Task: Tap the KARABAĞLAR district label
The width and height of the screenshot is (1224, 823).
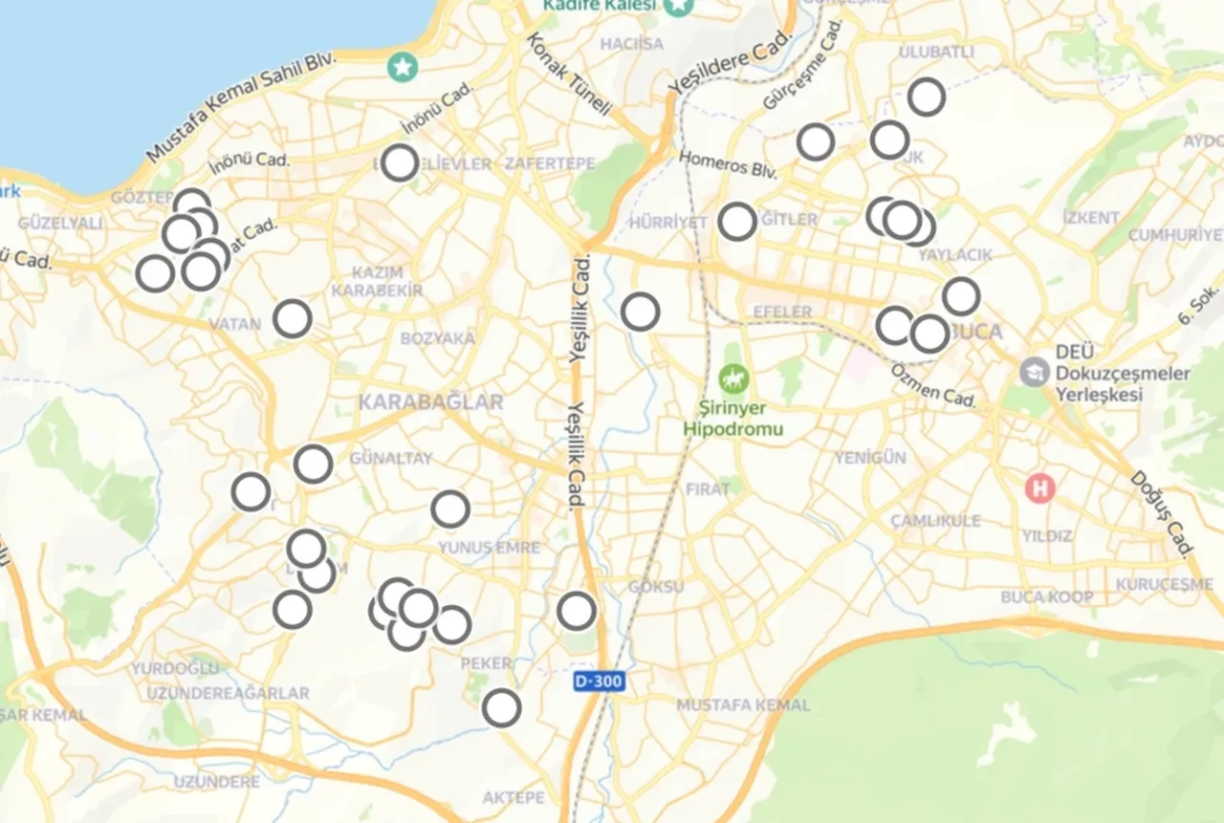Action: pos(430,402)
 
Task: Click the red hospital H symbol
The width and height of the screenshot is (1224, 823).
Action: pos(1039,488)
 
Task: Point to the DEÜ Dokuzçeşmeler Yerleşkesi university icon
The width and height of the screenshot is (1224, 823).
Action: pos(1034,371)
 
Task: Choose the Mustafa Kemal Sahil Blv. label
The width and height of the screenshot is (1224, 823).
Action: pos(243,107)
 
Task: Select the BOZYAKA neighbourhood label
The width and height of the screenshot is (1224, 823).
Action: pos(437,338)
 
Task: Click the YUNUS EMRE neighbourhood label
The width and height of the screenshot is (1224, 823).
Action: pos(489,548)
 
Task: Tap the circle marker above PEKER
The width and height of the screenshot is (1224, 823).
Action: pos(451,624)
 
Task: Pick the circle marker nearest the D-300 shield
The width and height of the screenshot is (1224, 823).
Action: pos(577,610)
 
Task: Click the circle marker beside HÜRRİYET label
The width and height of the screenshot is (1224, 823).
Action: pos(737,221)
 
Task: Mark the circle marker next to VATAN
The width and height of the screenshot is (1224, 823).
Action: pos(293,318)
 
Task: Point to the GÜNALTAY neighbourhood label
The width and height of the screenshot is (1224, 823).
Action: pos(391,458)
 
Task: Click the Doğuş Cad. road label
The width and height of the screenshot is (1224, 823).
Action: pos(1163,513)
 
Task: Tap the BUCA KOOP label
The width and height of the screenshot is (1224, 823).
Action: pos(1046,597)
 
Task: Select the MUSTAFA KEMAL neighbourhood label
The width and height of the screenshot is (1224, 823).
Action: pos(742,705)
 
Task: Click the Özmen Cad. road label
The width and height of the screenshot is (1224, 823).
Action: pos(933,384)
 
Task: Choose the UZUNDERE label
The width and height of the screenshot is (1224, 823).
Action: pos(216,782)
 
